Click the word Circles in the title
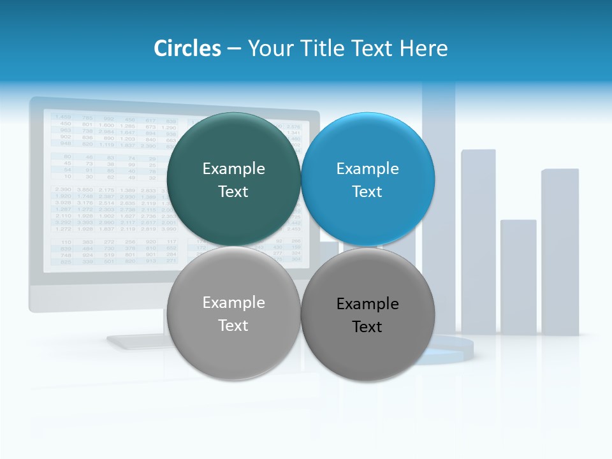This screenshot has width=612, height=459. [x=187, y=48]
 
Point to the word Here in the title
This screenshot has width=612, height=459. [x=423, y=48]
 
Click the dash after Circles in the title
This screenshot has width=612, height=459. [x=234, y=49]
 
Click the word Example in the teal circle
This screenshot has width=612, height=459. [x=233, y=168]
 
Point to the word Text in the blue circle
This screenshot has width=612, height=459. [x=367, y=191]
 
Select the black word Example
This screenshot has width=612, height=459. [x=368, y=303]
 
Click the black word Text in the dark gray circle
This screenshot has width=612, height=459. [x=367, y=326]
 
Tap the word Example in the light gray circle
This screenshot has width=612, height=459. [x=233, y=302]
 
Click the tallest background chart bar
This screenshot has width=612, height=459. [x=439, y=159]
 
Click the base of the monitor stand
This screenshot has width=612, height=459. [x=137, y=342]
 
